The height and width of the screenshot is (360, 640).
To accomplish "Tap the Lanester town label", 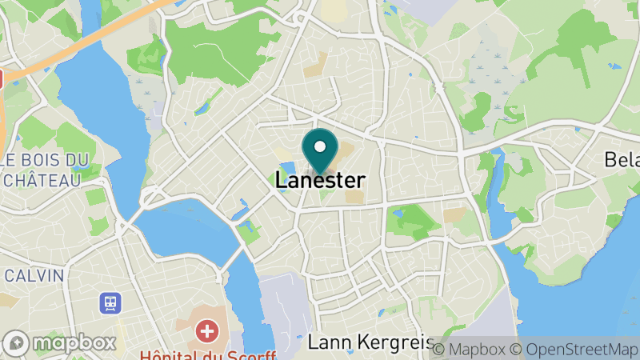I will [320, 181].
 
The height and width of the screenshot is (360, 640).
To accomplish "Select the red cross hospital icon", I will [208, 330].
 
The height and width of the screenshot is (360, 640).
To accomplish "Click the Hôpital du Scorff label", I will [207, 354].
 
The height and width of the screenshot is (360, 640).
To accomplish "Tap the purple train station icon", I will [110, 303].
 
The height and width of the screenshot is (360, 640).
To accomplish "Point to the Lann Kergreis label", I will [370, 342].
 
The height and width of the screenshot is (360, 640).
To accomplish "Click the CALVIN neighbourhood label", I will [34, 275].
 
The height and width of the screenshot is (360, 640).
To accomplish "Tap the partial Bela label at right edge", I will [622, 161].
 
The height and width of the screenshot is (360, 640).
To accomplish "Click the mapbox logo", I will [59, 343].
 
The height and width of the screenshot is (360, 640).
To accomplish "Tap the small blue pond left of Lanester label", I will [284, 170].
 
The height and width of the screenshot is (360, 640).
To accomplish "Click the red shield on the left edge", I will [2, 78].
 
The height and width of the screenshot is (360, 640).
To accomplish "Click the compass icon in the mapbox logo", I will [17, 343].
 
